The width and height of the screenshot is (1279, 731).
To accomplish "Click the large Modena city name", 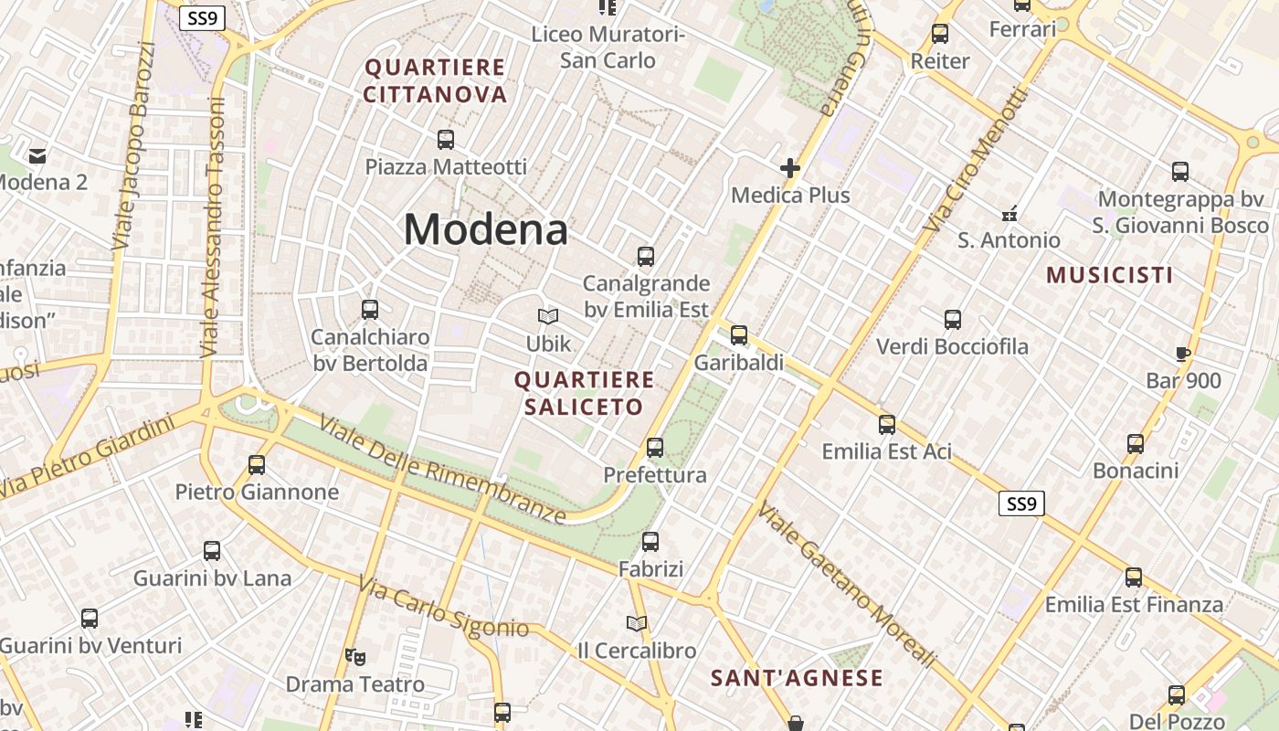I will (x=485, y=228).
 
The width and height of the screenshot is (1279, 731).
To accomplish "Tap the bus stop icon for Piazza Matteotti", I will (x=446, y=140).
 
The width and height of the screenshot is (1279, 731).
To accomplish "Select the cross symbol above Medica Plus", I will (x=790, y=168).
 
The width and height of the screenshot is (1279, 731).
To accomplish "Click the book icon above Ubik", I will (x=548, y=316).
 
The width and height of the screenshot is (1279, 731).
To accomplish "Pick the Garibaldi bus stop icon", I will (x=739, y=335).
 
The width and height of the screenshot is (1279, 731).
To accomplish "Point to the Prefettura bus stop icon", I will (x=655, y=448).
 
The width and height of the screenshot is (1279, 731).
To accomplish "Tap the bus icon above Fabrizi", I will (x=650, y=542).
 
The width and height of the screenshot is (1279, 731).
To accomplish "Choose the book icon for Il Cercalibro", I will (x=637, y=623).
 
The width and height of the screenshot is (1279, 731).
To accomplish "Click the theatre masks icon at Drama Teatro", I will (x=355, y=656).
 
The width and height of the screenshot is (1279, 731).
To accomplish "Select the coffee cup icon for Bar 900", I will (x=1183, y=354).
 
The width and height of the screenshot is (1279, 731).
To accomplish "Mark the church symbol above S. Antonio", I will (x=1009, y=213).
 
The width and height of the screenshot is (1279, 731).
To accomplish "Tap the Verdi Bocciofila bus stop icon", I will (x=953, y=320).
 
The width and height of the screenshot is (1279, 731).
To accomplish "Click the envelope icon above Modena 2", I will (x=38, y=155).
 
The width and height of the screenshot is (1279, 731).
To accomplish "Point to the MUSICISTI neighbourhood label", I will (x=1110, y=275).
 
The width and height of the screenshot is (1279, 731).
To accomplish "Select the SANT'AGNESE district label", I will (x=798, y=678).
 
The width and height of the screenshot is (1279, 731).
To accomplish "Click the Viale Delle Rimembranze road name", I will (x=442, y=471).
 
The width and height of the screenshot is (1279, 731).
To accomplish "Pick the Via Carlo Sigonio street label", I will (x=443, y=607).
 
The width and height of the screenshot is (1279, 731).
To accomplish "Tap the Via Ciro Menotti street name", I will (x=975, y=160).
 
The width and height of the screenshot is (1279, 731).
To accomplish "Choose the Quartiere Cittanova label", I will (x=435, y=80).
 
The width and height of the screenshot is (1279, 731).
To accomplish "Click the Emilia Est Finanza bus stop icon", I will (x=1134, y=577).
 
